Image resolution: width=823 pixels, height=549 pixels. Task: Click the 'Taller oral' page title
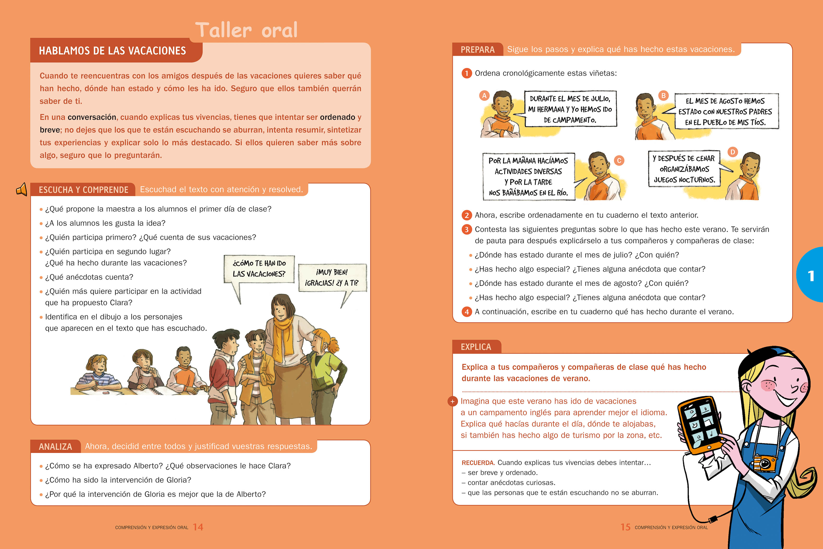point(246,30)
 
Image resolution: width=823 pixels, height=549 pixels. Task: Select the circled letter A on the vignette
point(484,95)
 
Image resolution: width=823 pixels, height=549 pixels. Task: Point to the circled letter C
point(619,160)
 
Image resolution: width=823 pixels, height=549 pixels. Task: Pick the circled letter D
point(732,152)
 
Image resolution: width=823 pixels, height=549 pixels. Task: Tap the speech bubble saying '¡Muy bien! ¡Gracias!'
point(332,277)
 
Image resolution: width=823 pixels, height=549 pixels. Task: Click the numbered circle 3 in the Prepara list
point(466,230)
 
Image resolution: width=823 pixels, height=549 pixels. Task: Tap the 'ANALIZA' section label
point(55,446)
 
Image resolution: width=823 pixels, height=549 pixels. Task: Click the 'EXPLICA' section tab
point(476,347)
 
